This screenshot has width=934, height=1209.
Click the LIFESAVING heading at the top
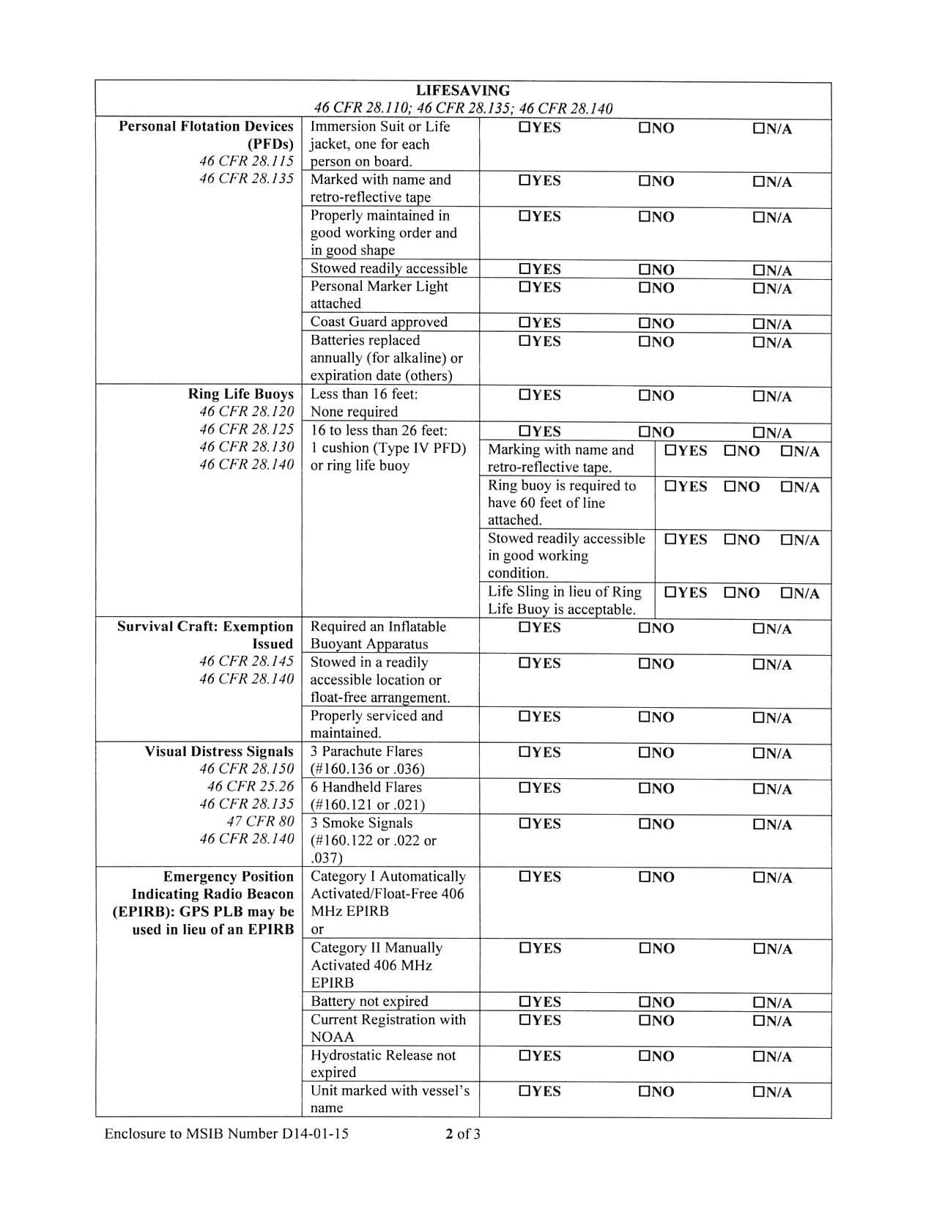[x=463, y=91]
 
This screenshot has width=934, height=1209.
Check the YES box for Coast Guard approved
[x=525, y=322]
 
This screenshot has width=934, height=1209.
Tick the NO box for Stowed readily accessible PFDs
[x=645, y=269]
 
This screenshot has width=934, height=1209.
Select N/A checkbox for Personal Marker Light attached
[x=759, y=289]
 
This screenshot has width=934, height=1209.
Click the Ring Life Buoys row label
[x=240, y=394]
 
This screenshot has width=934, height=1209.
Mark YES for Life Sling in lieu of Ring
[x=670, y=593]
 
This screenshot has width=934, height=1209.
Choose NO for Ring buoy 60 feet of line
[x=730, y=487]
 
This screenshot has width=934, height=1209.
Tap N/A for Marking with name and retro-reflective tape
[x=786, y=451]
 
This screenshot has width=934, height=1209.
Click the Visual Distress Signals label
[x=218, y=752]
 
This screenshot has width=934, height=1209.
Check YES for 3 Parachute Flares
[x=525, y=753]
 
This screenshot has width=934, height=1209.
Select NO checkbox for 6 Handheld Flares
[x=645, y=788]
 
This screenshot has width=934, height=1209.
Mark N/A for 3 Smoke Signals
[x=759, y=825]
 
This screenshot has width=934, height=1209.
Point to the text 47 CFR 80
[x=260, y=821]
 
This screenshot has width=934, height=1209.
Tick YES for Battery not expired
[x=525, y=1002]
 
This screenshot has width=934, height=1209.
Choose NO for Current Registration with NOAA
[x=645, y=1020]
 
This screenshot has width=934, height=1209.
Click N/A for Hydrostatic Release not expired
[x=759, y=1057]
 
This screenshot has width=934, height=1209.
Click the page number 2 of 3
[x=463, y=1134]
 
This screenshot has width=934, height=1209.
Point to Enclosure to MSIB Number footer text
[x=226, y=1134]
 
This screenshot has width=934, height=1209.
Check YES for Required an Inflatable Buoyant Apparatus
[x=525, y=627]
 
